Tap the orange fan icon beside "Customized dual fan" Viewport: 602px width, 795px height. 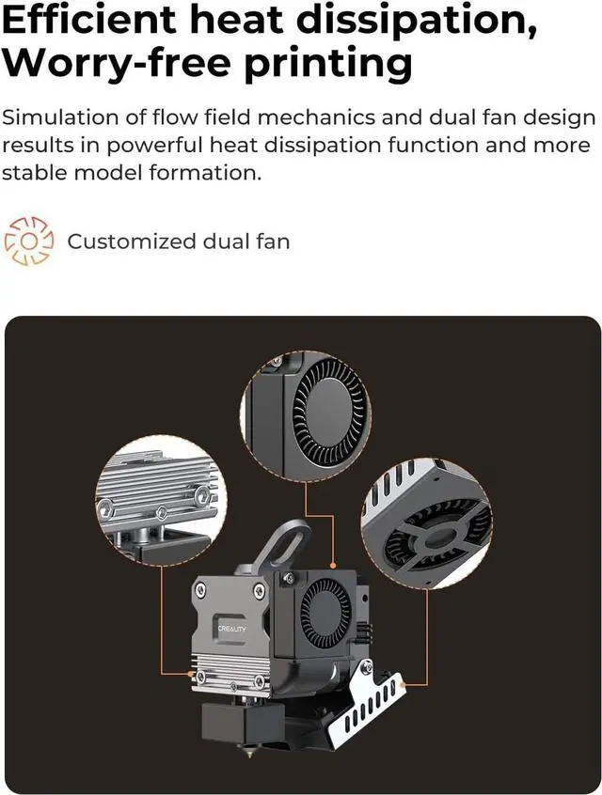click(30, 241)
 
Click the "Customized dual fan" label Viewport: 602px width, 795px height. click(179, 242)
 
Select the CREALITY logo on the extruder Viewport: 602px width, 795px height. click(232, 628)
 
